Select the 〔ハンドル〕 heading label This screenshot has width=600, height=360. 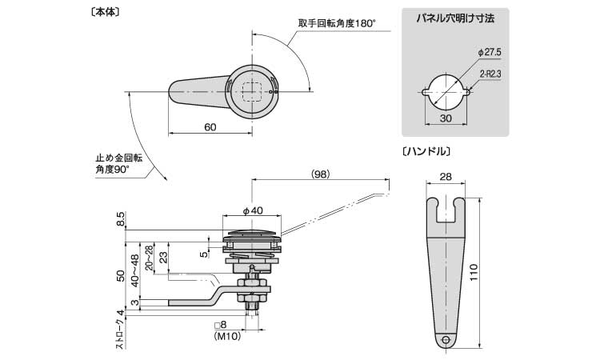[429, 150]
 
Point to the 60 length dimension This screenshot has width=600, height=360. [210, 127]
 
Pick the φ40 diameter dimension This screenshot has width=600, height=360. [253, 211]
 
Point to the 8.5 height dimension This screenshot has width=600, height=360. [120, 220]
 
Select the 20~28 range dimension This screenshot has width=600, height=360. [148, 258]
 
